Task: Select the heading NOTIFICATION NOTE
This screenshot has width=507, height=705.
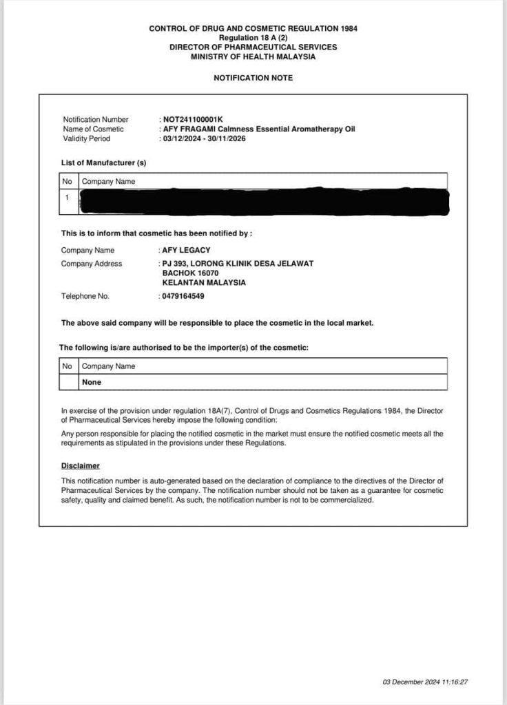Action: [253, 78]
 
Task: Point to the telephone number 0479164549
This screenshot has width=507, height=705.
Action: [183, 296]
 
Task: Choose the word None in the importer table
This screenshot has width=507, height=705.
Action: [92, 381]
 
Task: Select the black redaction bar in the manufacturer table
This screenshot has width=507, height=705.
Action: [265, 198]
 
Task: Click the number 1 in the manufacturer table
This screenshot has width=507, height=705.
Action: [67, 198]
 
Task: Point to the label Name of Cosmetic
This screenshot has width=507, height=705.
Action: [94, 129]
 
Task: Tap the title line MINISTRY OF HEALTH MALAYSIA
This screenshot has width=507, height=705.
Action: [253, 56]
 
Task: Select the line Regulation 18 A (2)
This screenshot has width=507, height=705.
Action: [253, 37]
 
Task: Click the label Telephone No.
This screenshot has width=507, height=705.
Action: [85, 296]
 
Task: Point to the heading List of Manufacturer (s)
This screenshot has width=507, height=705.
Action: [103, 162]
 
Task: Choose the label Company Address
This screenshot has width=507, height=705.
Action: [92, 264]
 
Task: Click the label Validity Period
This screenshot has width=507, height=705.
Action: [86, 138]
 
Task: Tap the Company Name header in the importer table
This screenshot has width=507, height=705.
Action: [108, 366]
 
